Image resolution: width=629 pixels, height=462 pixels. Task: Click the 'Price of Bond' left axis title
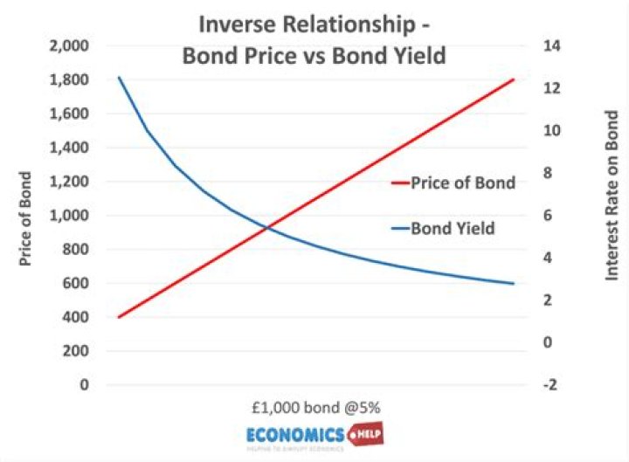tap(25, 215)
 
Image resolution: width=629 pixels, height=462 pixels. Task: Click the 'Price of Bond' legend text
tap(466, 183)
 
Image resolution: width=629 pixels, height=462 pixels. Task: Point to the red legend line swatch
tap(399, 183)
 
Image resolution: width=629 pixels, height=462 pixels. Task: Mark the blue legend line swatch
tap(399, 229)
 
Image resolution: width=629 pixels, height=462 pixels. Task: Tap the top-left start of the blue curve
tap(119, 79)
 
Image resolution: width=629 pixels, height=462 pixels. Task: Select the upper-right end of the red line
tap(513, 79)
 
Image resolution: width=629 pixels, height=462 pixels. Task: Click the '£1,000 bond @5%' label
tap(314, 408)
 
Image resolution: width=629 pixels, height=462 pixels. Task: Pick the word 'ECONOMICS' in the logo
tap(294, 434)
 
